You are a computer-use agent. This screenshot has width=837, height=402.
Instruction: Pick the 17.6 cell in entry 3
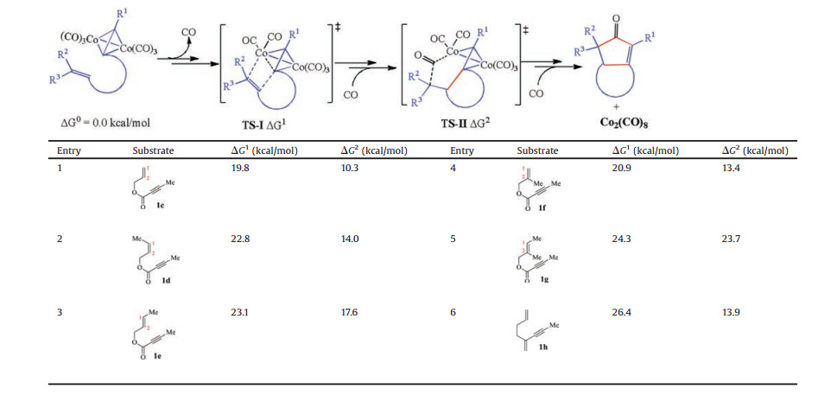click(352, 311)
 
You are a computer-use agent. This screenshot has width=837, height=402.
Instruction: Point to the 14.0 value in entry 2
click(352, 238)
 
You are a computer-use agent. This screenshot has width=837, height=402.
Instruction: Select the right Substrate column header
click(537, 150)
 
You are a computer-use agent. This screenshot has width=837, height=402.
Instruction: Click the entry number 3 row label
click(60, 311)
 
